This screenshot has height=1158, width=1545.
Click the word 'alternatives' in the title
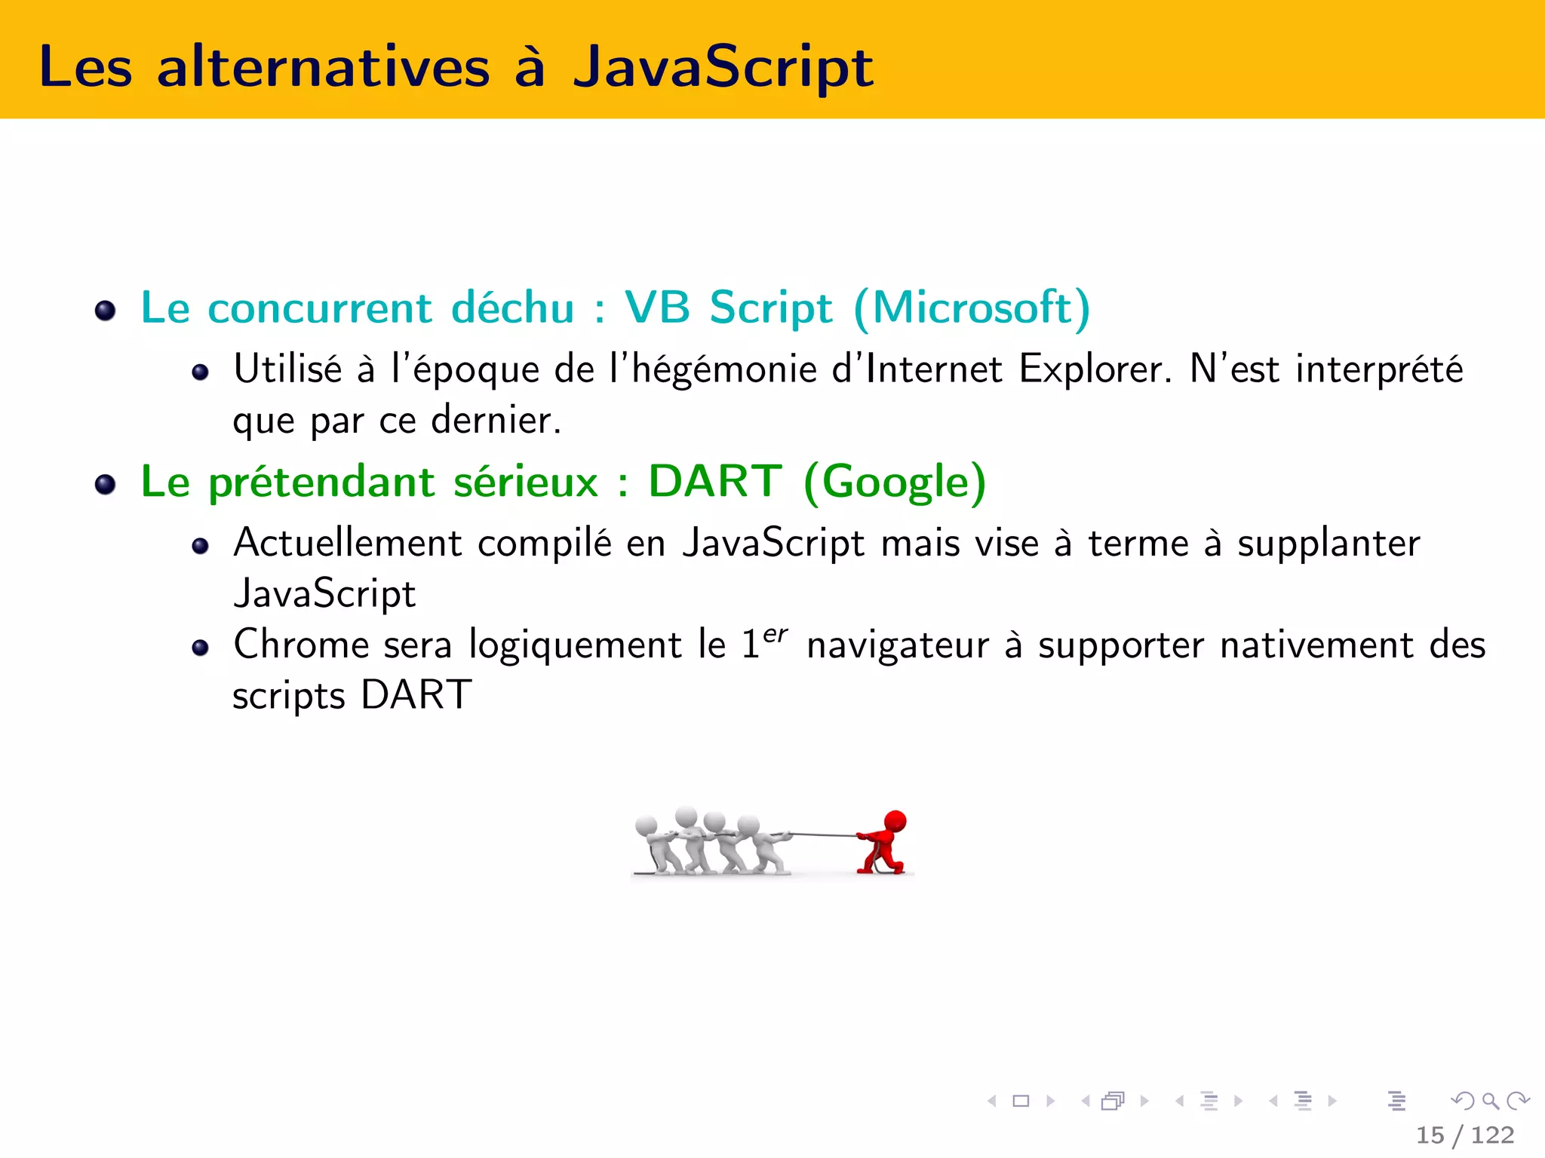pyautogui.click(x=324, y=68)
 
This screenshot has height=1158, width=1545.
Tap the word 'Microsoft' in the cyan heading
pyautogui.click(x=972, y=308)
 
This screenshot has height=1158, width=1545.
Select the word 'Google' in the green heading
pyautogui.click(x=895, y=482)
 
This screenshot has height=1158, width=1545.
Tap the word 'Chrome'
pyautogui.click(x=301, y=645)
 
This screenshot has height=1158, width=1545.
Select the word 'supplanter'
pyautogui.click(x=1328, y=544)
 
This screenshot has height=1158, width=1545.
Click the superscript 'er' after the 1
pyautogui.click(x=775, y=634)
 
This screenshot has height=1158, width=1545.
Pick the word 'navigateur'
pyautogui.click(x=897, y=646)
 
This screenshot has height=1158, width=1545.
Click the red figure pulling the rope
pyautogui.click(x=883, y=844)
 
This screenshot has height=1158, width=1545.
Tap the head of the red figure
pyautogui.click(x=895, y=820)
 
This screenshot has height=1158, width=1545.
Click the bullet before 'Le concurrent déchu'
pyautogui.click(x=106, y=310)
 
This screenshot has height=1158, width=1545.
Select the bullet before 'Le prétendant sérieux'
pyautogui.click(x=106, y=484)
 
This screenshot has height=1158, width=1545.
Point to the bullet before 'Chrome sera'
pyautogui.click(x=200, y=648)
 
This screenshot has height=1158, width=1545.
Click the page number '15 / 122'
pyautogui.click(x=1464, y=1135)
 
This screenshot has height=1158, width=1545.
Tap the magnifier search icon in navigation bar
pyautogui.click(x=1490, y=1101)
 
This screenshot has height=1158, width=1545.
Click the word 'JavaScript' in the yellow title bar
pyautogui.click(x=723, y=68)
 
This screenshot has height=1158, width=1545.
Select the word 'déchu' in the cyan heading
pyautogui.click(x=512, y=308)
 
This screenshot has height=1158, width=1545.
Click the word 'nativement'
pyautogui.click(x=1316, y=646)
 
